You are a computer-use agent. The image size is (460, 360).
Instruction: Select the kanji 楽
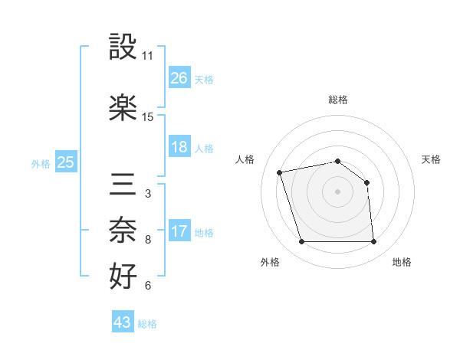tap(123, 106)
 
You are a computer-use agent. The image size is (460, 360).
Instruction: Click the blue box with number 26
tap(179, 77)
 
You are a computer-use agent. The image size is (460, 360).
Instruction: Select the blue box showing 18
tap(179, 147)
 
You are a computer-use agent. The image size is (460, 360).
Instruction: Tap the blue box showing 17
tap(179, 231)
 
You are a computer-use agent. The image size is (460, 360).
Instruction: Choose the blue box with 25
tap(66, 162)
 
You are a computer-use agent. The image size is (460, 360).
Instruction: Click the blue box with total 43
tap(123, 322)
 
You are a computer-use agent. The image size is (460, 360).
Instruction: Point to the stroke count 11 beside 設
tap(148, 56)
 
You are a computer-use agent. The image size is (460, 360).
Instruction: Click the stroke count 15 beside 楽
tap(148, 116)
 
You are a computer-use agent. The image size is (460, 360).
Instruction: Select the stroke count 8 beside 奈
tap(148, 240)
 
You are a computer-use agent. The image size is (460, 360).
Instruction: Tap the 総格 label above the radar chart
tap(338, 100)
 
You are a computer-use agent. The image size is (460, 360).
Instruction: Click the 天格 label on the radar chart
tap(432, 159)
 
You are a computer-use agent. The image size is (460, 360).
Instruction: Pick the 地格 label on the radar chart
tap(402, 262)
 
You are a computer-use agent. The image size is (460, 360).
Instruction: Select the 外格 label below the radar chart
tap(270, 262)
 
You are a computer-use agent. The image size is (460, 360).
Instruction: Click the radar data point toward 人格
tap(280, 172)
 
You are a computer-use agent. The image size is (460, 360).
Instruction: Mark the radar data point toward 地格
tap(374, 242)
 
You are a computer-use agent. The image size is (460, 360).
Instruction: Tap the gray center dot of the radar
tap(337, 191)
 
